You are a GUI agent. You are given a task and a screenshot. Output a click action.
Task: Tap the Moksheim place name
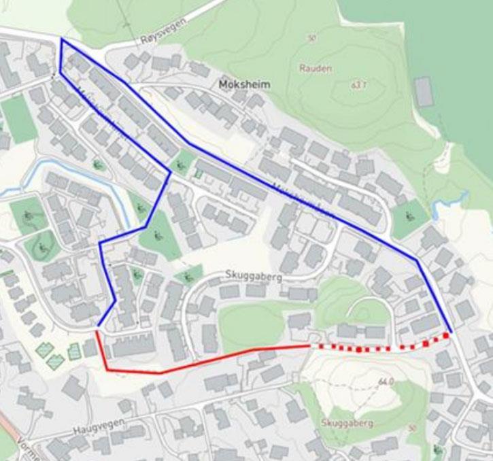pos(245,85)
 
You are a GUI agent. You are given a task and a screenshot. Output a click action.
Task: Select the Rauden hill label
pos(316,68)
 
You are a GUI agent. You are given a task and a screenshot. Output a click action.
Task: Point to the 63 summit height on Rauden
pos(358,85)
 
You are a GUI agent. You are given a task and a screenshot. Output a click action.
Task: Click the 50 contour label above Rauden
pos(311,39)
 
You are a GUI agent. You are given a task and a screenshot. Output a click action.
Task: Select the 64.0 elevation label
pos(386,382)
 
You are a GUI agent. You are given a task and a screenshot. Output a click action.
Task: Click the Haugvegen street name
pos(97,431)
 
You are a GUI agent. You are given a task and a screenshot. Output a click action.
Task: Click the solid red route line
pos(204,360)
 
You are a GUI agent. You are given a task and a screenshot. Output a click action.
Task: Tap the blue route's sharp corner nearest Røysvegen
pos(61,39)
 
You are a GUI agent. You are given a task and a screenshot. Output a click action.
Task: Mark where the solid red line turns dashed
pos(312,346)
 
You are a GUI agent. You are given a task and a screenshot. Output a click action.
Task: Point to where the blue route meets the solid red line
pos(98,328)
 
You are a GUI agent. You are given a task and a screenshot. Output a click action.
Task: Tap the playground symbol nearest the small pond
pos(410,216)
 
